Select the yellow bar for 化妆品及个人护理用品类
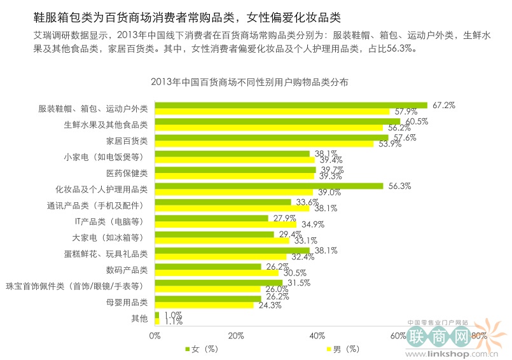click(x=233, y=192)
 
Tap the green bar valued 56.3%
click(x=268, y=186)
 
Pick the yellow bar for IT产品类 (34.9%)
click(x=225, y=224)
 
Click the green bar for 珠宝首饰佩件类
click(x=218, y=282)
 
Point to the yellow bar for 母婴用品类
click(x=204, y=305)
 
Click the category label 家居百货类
click(x=127, y=140)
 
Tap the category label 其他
click(x=139, y=317)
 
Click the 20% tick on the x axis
click(x=236, y=335)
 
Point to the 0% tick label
click(x=155, y=335)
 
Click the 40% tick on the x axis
click(x=317, y=335)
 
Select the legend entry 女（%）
click(x=202, y=349)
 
